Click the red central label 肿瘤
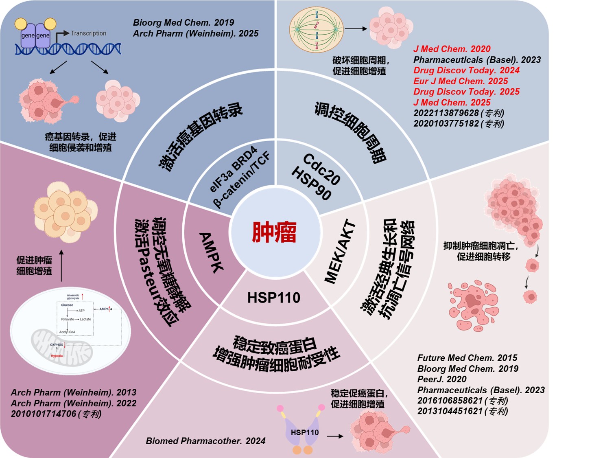click(x=274, y=232)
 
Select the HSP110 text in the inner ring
click(x=274, y=298)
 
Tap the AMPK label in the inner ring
click(x=211, y=252)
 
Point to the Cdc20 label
click(x=321, y=169)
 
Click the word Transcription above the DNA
click(x=88, y=33)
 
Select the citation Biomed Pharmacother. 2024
click(x=205, y=441)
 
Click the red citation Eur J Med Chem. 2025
click(x=461, y=81)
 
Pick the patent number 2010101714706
click(x=44, y=414)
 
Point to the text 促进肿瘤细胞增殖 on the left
click(x=34, y=265)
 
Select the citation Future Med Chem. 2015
click(x=467, y=358)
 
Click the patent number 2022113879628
click(x=446, y=113)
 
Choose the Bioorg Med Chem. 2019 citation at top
click(x=183, y=22)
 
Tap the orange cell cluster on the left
click(x=65, y=212)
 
